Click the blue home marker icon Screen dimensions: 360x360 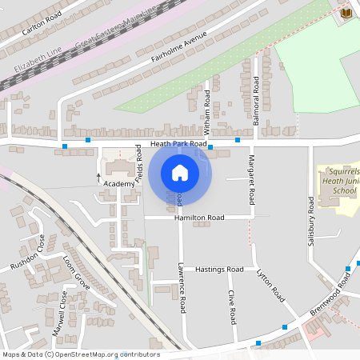(x=180, y=172)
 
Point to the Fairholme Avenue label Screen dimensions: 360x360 (x=178, y=49)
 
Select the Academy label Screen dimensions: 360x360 (x=118, y=184)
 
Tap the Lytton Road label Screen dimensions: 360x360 (x=271, y=285)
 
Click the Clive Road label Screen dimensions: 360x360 (x=231, y=306)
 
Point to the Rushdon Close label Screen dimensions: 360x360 (x=25, y=253)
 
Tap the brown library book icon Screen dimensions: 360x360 (x=346, y=14)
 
